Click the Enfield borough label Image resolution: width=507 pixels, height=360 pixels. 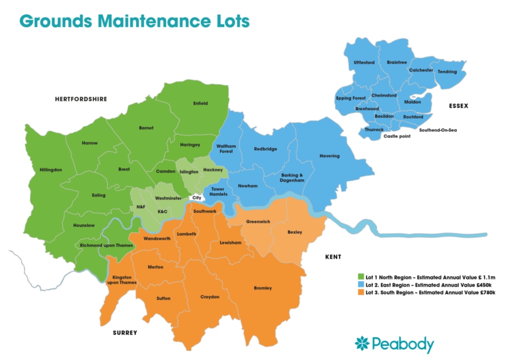(201, 103)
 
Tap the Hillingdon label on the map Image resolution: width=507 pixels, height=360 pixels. (51, 170)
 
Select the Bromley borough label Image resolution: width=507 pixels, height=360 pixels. (262, 288)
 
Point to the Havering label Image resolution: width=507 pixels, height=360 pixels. (330, 156)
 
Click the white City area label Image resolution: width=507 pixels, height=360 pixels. (196, 197)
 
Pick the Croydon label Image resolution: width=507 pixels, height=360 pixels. (210, 297)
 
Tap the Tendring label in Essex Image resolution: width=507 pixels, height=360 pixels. (447, 72)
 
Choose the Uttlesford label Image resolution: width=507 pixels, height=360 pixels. (364, 63)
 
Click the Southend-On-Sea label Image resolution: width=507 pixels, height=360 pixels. (438, 130)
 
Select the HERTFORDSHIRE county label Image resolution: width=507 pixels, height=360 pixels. (81, 99)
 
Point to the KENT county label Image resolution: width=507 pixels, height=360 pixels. (333, 257)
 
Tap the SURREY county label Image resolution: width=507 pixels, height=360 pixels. (125, 333)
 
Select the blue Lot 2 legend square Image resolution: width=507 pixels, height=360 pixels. (361, 284)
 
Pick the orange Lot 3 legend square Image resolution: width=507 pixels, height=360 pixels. (361, 293)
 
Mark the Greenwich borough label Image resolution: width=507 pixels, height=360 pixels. (257, 222)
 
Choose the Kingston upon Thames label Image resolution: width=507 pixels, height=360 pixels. (121, 280)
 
